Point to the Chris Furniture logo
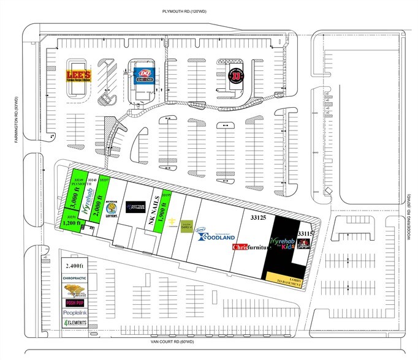coord(249,247)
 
